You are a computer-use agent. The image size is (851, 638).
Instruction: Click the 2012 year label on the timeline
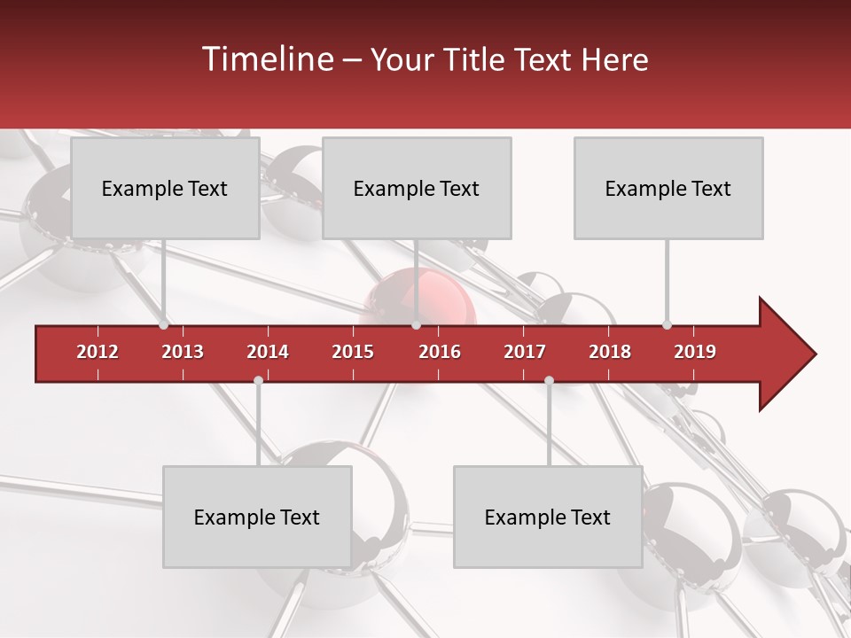(98, 352)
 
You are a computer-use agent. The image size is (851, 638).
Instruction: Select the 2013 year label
(183, 352)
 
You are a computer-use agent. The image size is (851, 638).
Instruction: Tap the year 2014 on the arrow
(268, 352)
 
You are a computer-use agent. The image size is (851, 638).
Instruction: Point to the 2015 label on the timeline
(353, 352)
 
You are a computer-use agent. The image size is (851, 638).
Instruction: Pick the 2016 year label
(440, 352)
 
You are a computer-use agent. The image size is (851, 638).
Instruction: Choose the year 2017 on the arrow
(525, 352)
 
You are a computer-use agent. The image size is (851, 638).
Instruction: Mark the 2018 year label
(610, 352)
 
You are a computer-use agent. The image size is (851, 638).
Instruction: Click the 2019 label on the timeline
(695, 352)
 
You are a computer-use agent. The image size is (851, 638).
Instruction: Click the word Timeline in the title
(266, 59)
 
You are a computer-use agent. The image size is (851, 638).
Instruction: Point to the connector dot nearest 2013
(164, 324)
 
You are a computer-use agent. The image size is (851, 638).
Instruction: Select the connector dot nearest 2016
(416, 324)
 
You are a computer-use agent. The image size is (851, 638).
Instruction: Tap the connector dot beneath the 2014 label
(258, 380)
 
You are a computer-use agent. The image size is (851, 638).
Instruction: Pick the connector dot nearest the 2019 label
(667, 324)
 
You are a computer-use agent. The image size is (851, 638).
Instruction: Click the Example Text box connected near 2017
(548, 517)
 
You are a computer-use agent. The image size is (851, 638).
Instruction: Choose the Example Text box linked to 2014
(257, 517)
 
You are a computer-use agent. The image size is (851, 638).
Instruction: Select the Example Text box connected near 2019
(668, 188)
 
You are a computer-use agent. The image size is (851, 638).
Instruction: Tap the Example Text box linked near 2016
(417, 188)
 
